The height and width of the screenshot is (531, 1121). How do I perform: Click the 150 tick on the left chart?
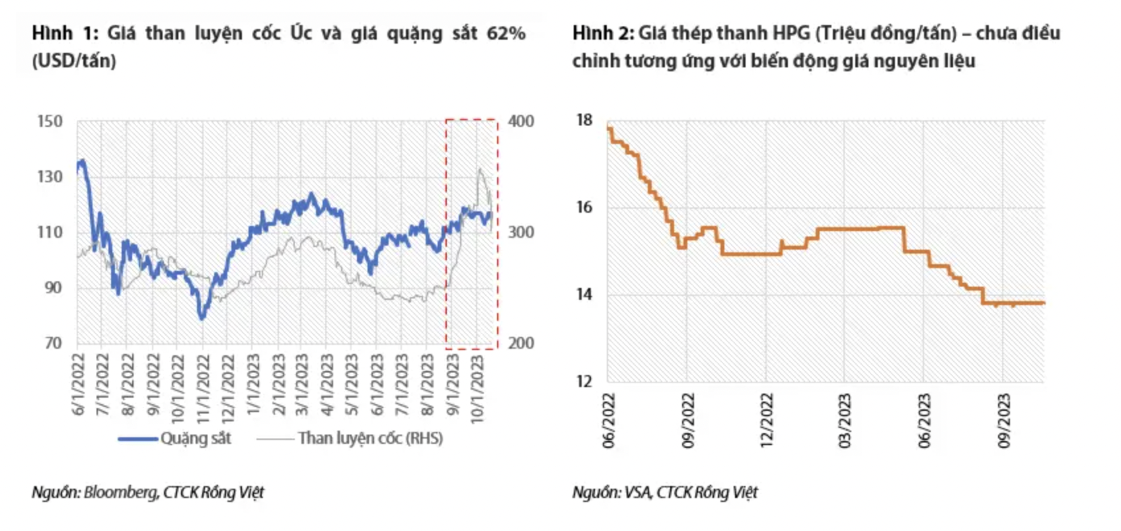(x=50, y=122)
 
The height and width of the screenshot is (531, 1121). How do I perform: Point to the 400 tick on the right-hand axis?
(x=521, y=122)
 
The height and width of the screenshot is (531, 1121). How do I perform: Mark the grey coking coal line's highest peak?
(x=480, y=170)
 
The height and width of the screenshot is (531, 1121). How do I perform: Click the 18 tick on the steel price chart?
(x=584, y=120)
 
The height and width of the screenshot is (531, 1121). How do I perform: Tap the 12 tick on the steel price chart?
(x=584, y=381)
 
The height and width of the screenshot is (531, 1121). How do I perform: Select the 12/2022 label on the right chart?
(x=767, y=421)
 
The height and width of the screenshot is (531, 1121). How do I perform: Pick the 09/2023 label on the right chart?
(x=1004, y=421)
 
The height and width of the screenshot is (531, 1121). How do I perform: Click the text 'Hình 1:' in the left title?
(x=65, y=33)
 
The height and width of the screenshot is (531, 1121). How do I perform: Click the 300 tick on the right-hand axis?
(x=521, y=232)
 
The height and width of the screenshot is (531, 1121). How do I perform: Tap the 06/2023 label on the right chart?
(x=925, y=421)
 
